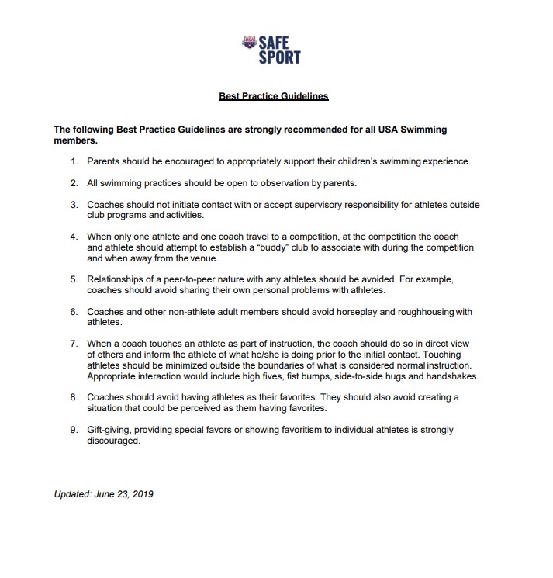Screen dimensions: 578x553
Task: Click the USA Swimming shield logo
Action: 250,43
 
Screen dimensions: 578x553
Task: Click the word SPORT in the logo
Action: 280,57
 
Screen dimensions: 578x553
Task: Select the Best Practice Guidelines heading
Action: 274,97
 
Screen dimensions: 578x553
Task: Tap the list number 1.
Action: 74,161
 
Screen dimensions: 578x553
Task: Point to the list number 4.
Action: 74,237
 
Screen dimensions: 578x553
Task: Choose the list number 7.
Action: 74,343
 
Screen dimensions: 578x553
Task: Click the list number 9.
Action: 74,430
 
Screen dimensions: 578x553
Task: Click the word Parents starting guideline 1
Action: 104,161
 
